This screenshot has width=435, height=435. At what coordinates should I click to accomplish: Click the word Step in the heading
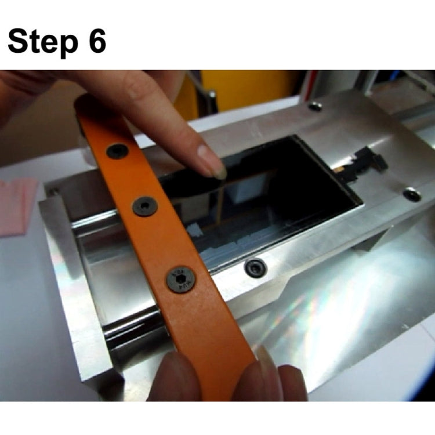coord(43,42)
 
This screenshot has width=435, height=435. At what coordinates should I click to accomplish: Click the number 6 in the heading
coord(97,41)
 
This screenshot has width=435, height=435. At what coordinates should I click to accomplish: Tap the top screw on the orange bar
coord(117,151)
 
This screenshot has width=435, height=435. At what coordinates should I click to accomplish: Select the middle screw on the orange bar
coord(145,206)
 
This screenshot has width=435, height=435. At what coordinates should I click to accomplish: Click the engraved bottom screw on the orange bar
coord(180,279)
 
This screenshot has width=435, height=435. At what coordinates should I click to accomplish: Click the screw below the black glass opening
coord(255,268)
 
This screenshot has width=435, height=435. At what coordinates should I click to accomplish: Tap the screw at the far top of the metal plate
coord(315,106)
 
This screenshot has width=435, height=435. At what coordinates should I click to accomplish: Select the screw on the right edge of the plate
coord(412,194)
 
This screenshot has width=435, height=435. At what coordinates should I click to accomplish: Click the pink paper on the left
coord(17,206)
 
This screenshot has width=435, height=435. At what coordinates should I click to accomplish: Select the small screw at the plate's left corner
coord(53,191)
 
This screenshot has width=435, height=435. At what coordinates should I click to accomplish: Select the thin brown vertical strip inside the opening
coord(220,202)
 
